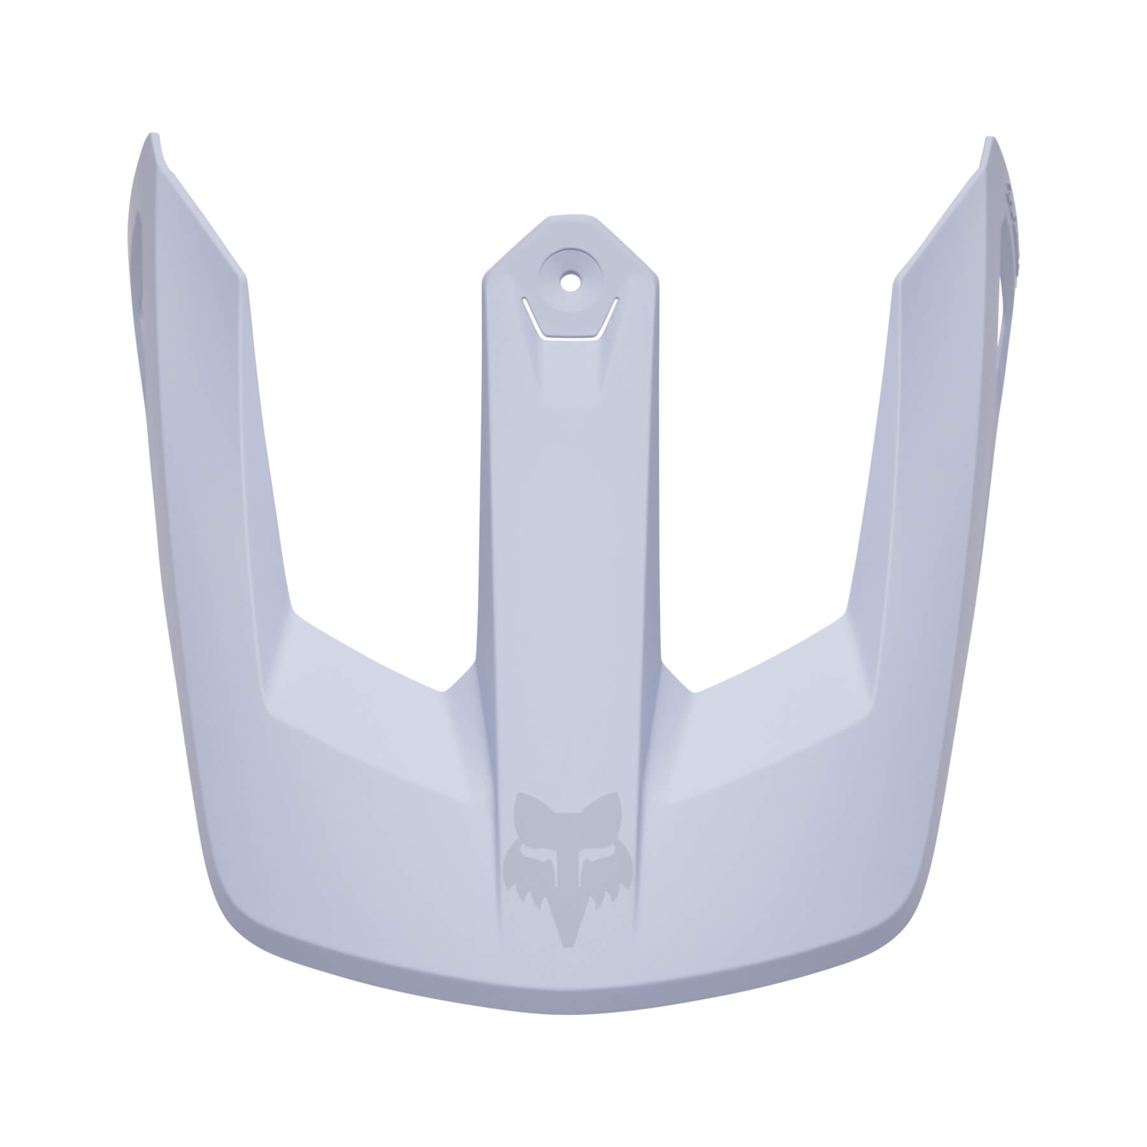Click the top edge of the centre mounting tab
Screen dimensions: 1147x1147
coord(567,217)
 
